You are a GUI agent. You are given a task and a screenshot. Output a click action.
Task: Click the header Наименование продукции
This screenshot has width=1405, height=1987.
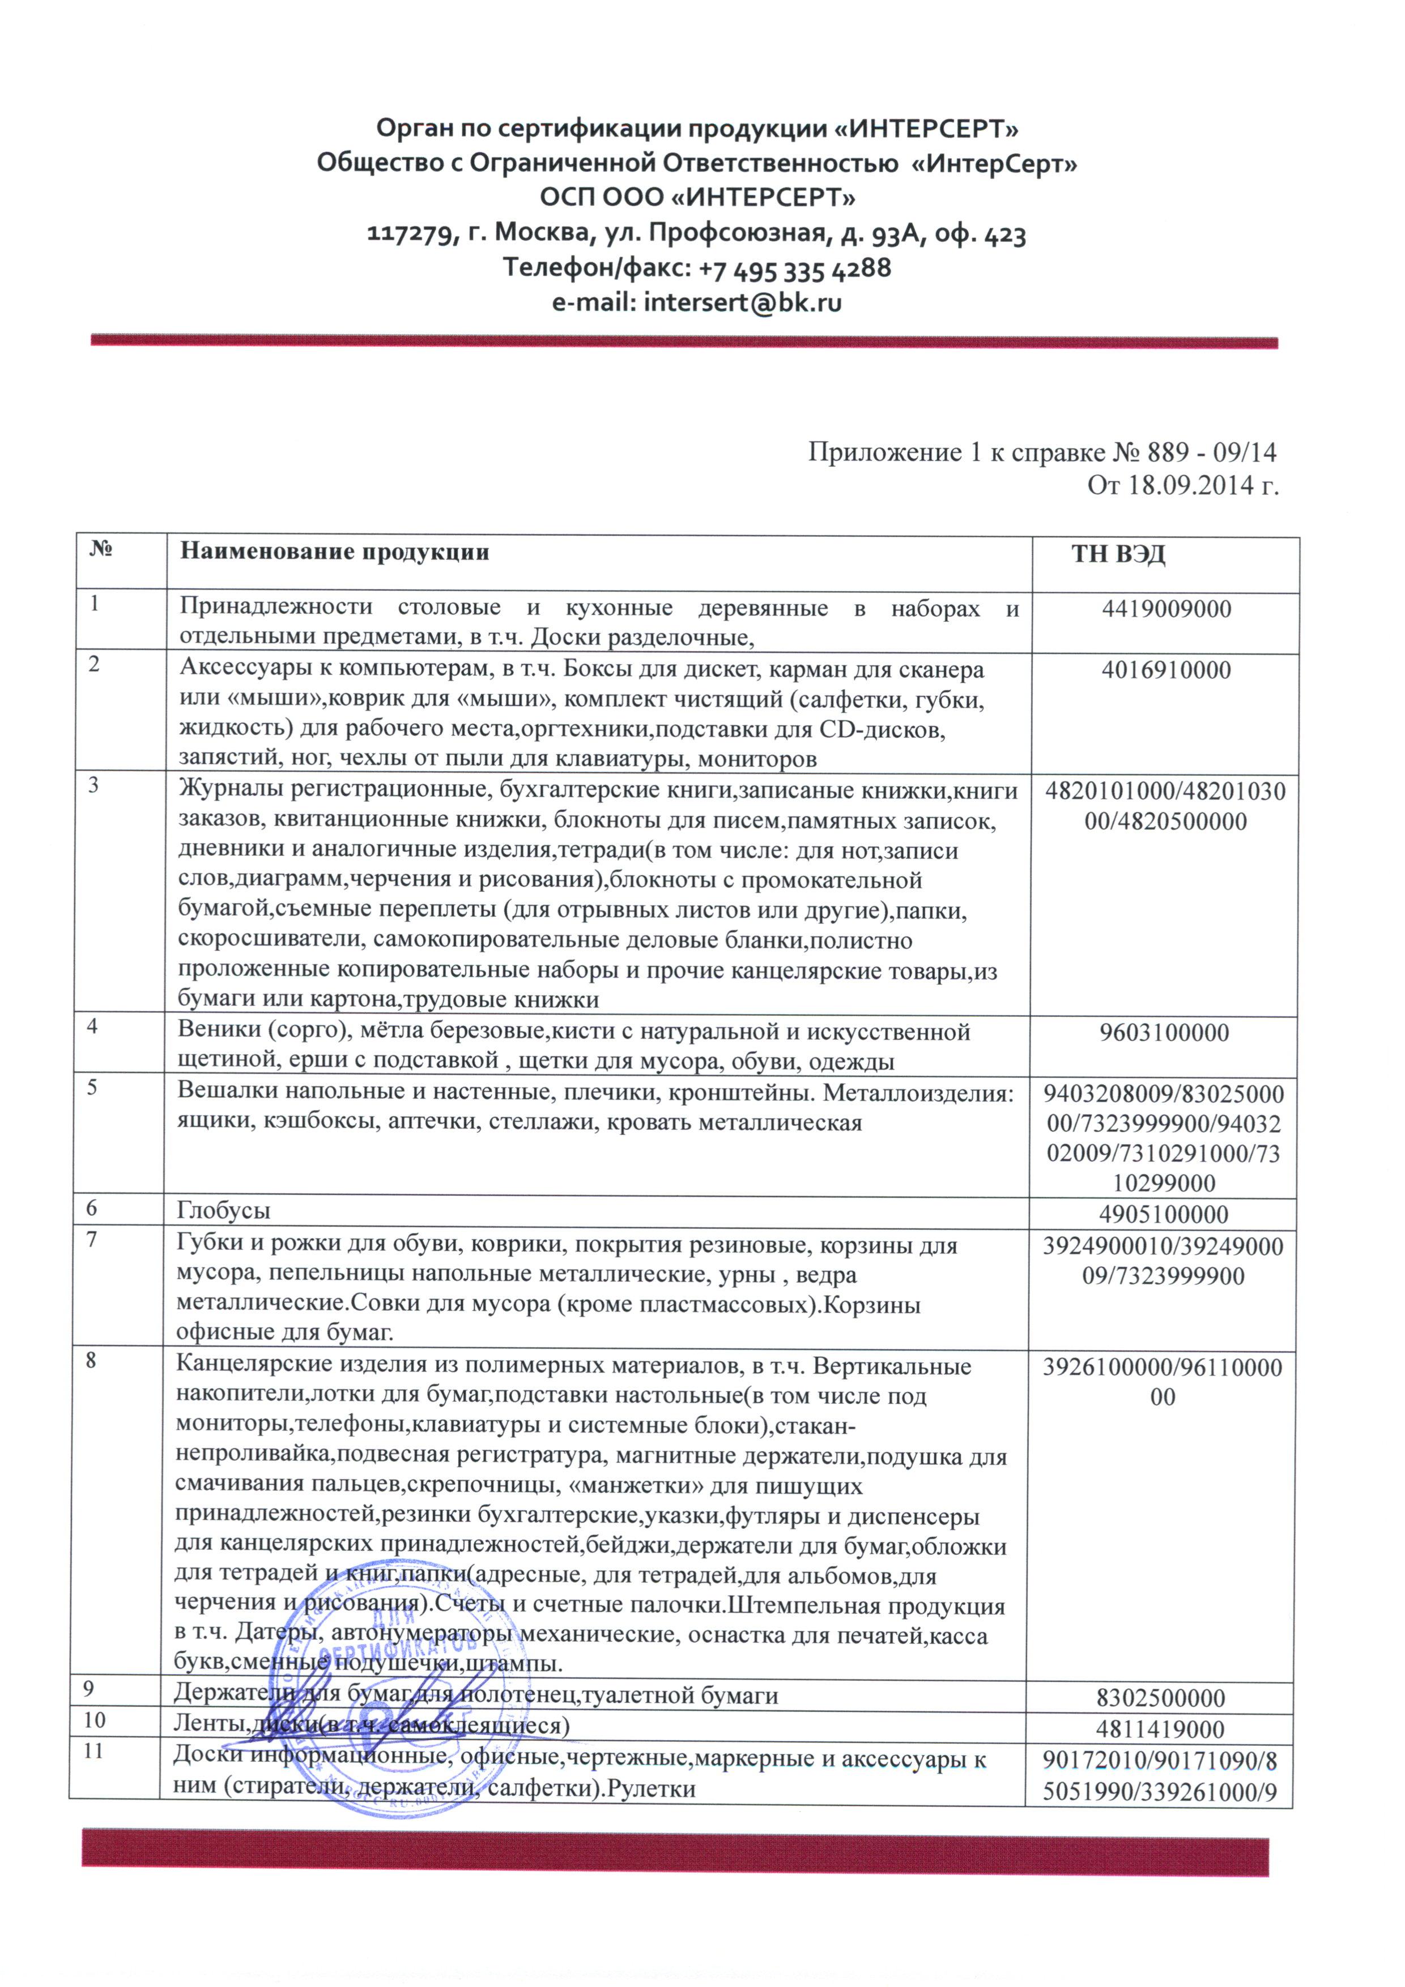pyautogui.click(x=334, y=552)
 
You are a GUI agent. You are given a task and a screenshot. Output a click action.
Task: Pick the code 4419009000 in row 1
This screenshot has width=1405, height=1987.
pyautogui.click(x=1165, y=609)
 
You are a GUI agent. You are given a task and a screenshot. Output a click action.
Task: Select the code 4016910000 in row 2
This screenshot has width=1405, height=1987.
pyautogui.click(x=1165, y=670)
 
